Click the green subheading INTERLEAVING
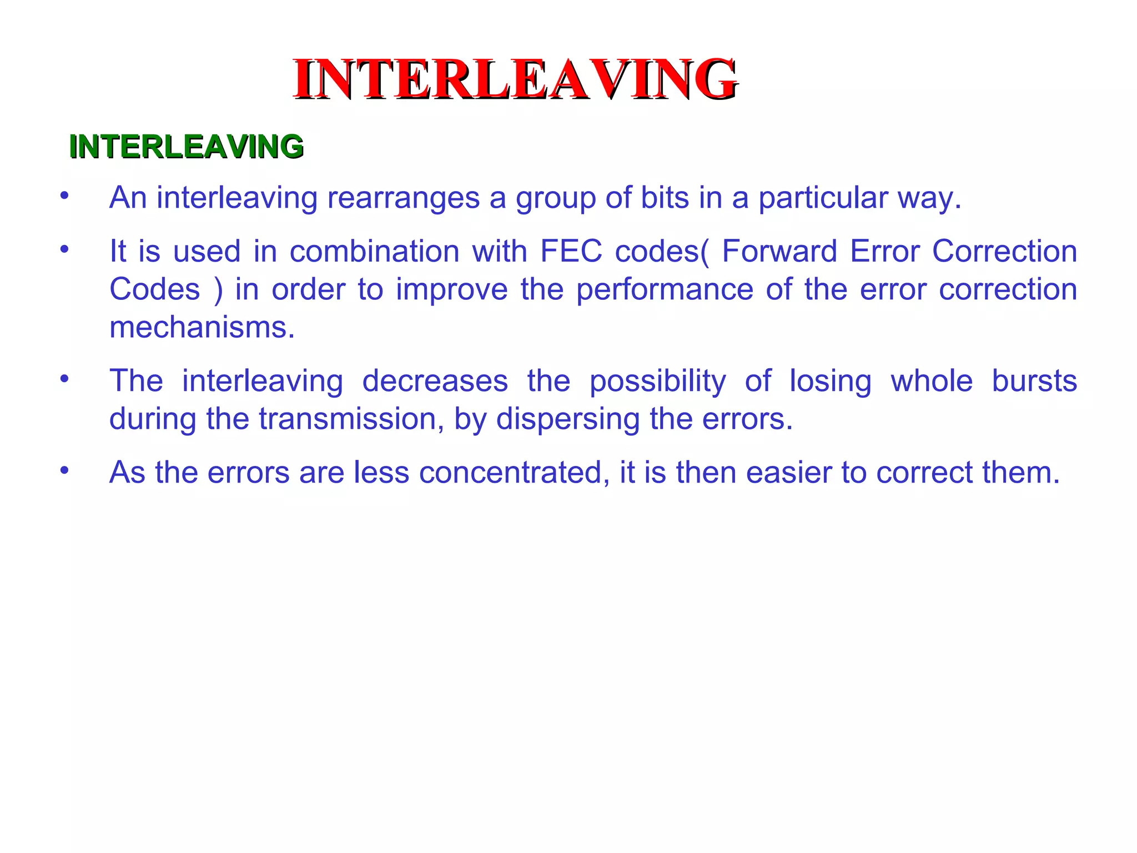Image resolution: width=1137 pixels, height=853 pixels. [187, 147]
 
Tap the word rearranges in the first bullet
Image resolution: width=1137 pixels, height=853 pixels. [403, 198]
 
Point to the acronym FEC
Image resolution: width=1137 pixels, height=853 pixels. [571, 251]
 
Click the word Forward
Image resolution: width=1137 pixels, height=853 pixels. [779, 251]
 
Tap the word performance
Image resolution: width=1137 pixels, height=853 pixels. [665, 289]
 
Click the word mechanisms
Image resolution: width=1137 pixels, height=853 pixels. [202, 327]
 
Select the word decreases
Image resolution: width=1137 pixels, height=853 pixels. [435, 381]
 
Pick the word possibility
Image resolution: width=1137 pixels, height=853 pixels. [657, 381]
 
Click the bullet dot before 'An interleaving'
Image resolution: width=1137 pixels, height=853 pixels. [65, 195]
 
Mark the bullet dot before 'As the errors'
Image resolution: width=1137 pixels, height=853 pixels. [65, 470]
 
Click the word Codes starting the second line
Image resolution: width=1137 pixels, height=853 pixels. [154, 289]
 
